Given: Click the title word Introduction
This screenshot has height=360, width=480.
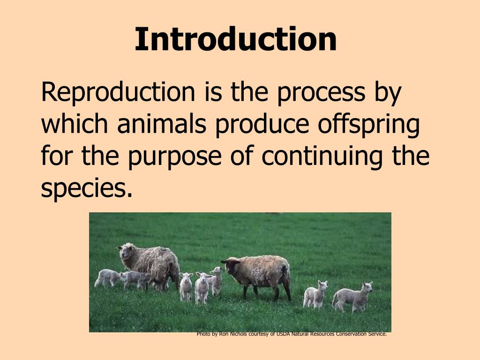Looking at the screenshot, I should coord(235,39).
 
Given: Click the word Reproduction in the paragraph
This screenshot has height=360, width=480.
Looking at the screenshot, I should coord(118,92).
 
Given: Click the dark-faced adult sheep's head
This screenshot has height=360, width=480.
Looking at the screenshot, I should coord(231,267).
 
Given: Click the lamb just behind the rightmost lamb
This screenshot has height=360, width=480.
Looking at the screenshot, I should coord(315,294).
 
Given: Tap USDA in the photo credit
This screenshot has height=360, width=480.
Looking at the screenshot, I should coord(283,334).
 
